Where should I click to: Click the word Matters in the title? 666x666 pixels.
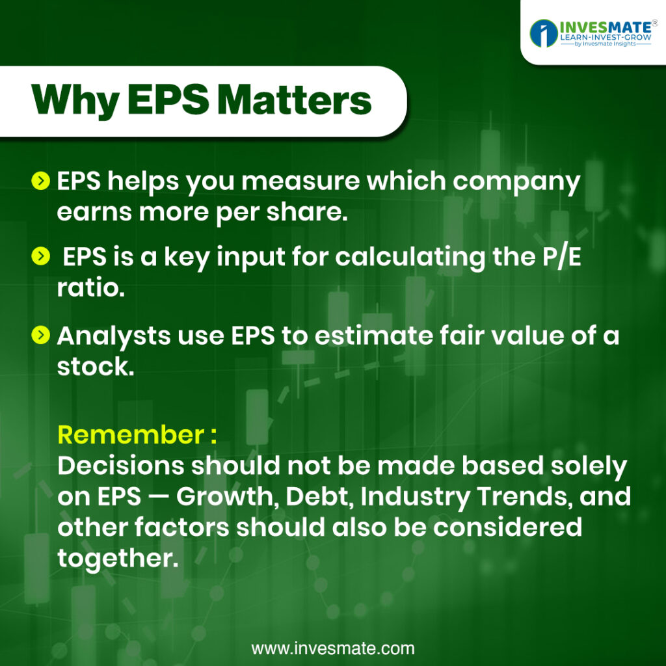click(296, 100)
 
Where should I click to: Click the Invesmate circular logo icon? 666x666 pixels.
click(543, 33)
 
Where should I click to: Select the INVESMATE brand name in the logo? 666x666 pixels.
click(605, 27)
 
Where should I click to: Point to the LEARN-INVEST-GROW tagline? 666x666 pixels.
click(606, 37)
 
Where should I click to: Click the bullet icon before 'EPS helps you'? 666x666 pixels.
click(41, 181)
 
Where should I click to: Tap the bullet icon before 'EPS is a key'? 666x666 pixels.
click(41, 256)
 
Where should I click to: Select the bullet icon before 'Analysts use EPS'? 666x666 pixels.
click(41, 335)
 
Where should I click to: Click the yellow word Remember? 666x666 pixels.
click(131, 435)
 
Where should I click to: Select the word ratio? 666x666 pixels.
click(90, 288)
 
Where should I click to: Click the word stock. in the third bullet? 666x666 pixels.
click(96, 366)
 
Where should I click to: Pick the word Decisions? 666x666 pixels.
click(120, 466)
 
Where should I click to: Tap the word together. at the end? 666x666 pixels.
click(118, 559)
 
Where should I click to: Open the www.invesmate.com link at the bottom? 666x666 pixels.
click(332, 648)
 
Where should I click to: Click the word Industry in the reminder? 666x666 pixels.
click(415, 497)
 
